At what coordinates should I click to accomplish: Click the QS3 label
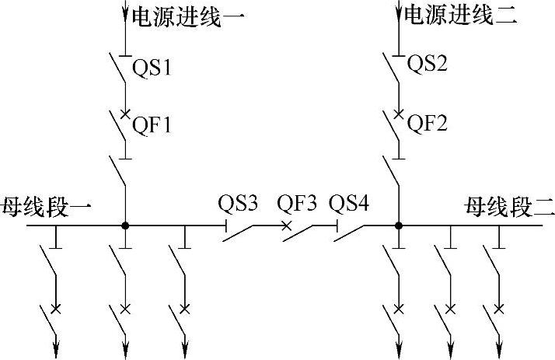click(238, 204)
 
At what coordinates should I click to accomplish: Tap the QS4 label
click(349, 204)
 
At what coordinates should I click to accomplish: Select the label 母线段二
click(509, 207)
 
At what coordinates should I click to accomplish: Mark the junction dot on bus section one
click(125, 225)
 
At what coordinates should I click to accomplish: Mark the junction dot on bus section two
click(398, 225)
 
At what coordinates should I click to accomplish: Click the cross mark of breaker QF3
click(286, 226)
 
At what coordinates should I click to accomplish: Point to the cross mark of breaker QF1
click(125, 114)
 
